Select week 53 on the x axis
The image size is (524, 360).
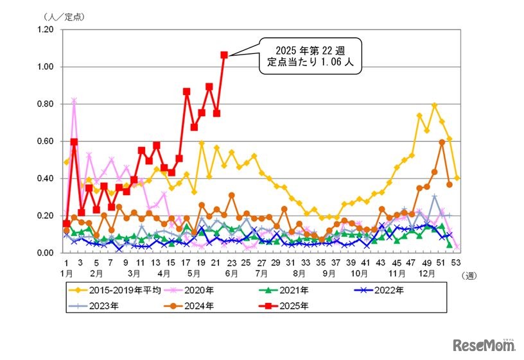click(457, 263)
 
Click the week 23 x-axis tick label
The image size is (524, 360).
click(231, 263)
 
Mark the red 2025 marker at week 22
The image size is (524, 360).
click(224, 55)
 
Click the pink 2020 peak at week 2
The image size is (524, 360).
click(74, 100)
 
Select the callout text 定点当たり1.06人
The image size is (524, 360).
click(310, 63)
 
